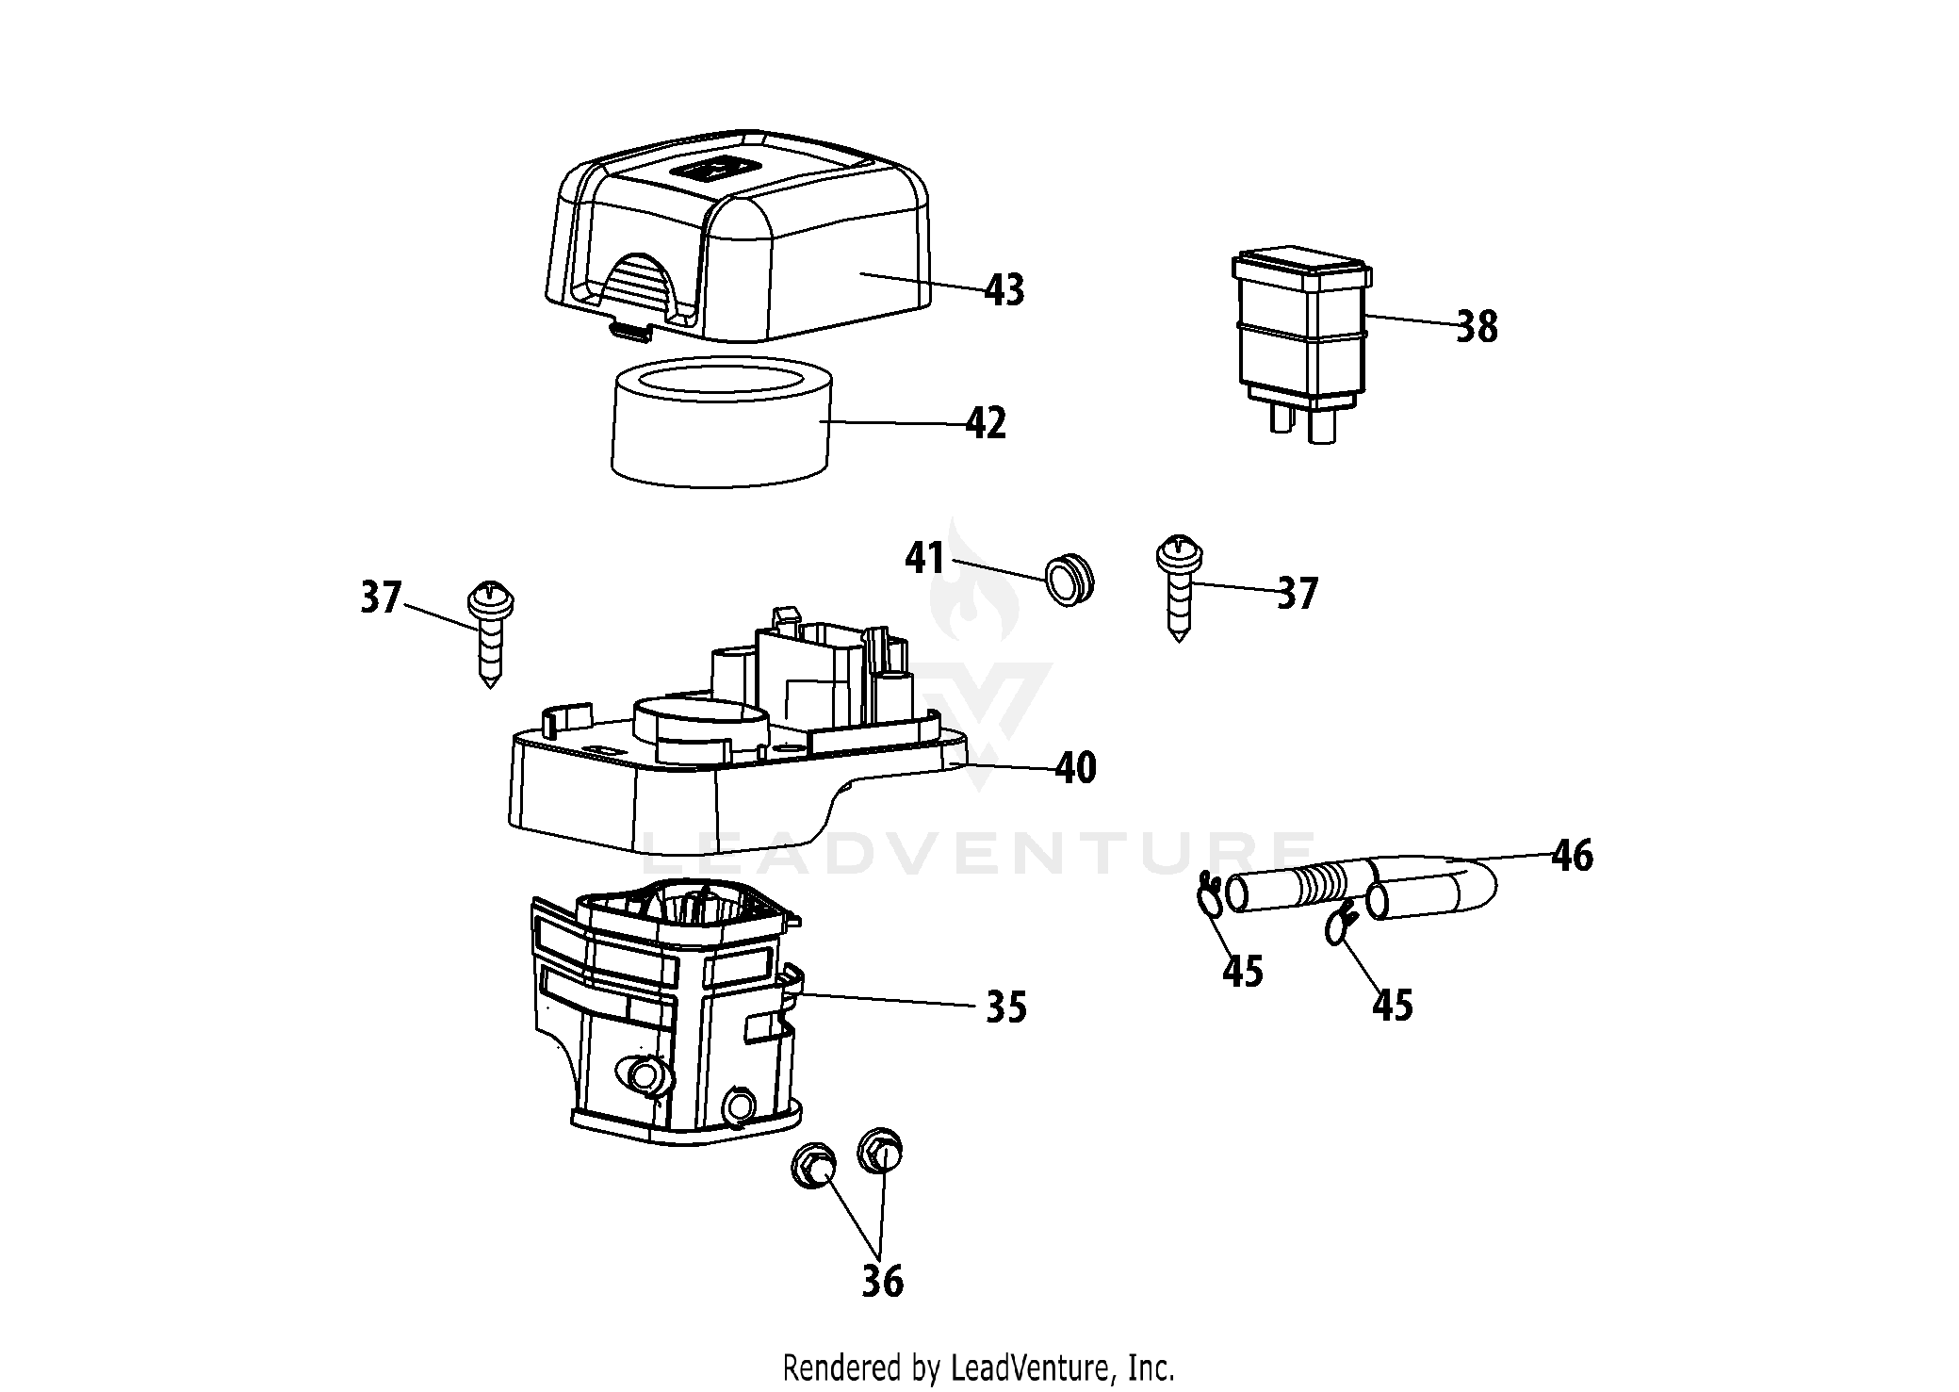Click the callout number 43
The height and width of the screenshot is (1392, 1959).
[1004, 289]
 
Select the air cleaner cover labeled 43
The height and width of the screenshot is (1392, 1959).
[744, 245]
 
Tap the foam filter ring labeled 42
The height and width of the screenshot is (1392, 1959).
[721, 434]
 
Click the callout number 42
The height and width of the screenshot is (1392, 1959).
[986, 424]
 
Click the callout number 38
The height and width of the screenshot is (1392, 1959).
[1477, 327]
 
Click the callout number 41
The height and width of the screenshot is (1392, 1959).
[924, 558]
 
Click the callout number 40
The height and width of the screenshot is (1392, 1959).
[1076, 768]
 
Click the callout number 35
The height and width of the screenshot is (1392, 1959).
[1005, 1007]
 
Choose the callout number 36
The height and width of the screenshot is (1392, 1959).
[882, 1281]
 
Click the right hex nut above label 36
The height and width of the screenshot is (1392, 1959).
[880, 1150]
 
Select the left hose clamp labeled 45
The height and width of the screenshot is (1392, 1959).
[1210, 894]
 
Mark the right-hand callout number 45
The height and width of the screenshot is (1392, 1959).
[1393, 1006]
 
